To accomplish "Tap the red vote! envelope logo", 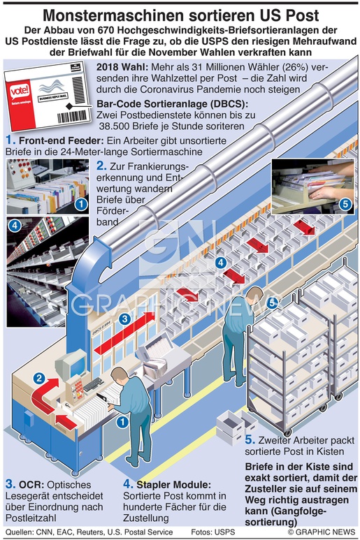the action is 20,92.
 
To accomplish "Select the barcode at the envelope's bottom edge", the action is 72,117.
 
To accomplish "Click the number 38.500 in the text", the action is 115,126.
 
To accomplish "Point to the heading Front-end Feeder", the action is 62,140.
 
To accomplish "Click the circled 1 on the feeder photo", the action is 81,204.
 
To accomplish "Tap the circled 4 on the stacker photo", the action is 15,226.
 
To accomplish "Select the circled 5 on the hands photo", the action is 345,204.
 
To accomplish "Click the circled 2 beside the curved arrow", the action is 39,379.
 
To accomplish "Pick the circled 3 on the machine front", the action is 124,319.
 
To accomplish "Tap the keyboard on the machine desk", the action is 93,384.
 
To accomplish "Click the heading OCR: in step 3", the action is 31,485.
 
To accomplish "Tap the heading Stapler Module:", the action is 173,485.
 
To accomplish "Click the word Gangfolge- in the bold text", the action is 286,511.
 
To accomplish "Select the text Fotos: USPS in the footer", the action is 213,532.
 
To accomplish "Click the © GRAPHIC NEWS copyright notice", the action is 322,532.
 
